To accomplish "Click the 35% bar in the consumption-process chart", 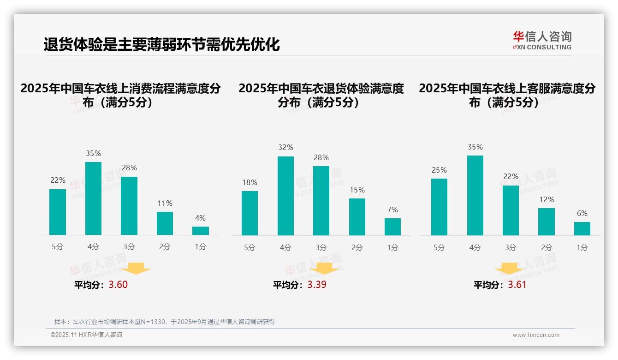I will pos(93,198).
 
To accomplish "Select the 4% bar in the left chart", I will pos(201,231).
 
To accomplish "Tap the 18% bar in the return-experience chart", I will pos(250,213).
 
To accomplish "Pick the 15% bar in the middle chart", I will pos(357,217).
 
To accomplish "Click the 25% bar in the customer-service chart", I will pos(439,207).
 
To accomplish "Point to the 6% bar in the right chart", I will pos(582,228).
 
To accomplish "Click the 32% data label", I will pos(285,148).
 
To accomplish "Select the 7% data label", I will pos(392,210).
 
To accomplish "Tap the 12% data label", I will pos(547,199).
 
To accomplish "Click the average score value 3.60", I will pos(118,285).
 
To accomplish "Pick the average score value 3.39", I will pos(317,285).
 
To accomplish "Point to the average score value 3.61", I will pos(517,285).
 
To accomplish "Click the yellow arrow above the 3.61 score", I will pos(509,269).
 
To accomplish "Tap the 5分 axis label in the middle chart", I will pos(250,247).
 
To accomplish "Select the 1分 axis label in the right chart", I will pos(582,247).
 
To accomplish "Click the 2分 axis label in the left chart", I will pos(165,247).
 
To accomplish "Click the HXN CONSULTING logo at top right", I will pos(542,41).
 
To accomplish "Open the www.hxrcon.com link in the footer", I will pos(536,335).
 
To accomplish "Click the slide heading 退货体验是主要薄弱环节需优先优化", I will pos(161,45).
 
